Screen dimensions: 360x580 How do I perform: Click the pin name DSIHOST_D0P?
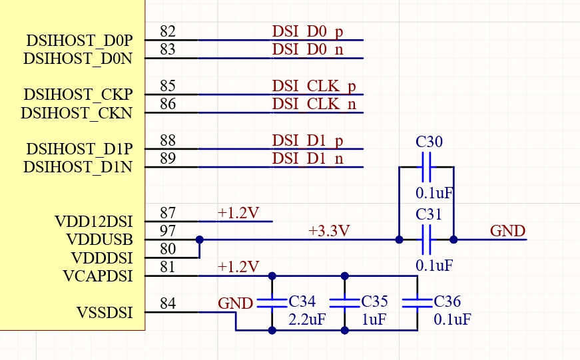79,40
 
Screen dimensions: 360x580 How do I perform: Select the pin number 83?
168,50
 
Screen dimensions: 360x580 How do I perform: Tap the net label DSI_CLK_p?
314,86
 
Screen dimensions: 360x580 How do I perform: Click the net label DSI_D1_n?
308,158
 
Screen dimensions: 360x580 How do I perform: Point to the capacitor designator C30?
429,142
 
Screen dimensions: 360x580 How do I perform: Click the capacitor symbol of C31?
426,239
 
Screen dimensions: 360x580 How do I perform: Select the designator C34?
302,301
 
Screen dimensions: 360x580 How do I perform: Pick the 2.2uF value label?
307,319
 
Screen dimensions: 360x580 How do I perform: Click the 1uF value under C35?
374,319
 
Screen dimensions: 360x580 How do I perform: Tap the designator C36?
447,301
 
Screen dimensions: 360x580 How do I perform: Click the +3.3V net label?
329,231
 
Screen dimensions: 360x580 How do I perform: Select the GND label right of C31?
507,231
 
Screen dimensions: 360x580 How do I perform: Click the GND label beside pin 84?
235,303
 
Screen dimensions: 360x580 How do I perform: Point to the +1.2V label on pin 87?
238,213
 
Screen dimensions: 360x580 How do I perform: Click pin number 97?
168,231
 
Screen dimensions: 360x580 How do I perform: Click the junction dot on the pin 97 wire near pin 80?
199,240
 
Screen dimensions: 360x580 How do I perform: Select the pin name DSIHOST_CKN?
77,112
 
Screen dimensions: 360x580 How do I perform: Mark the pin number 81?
168,268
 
